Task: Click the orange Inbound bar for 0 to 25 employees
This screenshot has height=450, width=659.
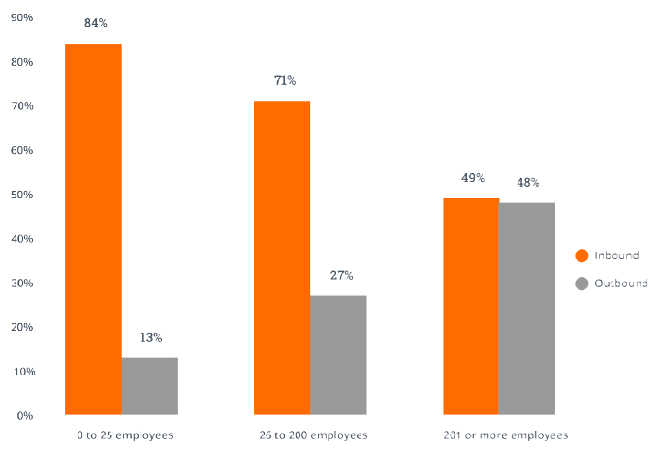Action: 93,229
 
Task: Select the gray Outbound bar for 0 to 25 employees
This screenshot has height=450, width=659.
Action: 149,386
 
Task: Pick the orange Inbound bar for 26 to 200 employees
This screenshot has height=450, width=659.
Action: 282,258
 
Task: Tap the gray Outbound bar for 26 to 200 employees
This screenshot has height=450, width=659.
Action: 338,355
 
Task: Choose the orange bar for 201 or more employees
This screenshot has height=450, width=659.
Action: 471,307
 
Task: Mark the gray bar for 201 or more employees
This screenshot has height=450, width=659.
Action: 527,309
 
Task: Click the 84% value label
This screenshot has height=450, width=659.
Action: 95,23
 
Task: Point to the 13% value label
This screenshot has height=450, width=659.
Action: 150,338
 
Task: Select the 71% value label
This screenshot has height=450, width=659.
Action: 284,81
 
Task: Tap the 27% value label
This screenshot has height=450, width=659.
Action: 340,275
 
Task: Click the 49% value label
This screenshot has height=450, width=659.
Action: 472,178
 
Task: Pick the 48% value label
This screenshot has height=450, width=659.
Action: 527,182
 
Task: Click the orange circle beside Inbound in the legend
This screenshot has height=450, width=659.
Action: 581,255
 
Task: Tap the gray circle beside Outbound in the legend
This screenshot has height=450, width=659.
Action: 581,284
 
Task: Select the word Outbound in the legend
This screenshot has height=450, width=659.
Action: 622,284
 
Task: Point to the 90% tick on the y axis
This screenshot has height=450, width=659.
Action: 21,18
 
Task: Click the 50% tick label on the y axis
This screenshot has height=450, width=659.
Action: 21,195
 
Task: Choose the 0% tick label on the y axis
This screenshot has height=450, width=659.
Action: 24,415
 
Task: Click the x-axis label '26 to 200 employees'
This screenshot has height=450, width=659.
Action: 313,435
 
